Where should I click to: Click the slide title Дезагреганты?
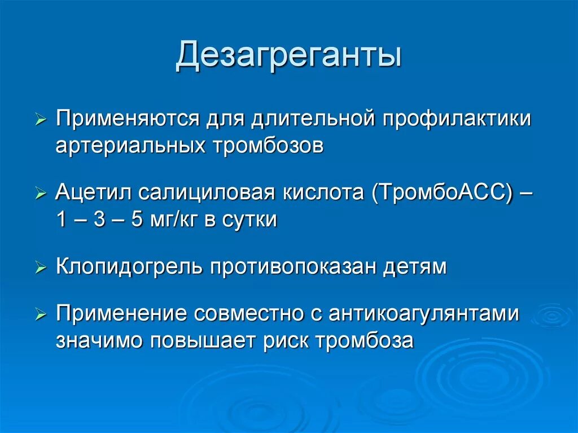[288, 58]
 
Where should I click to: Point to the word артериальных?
[130, 146]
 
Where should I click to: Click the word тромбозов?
[268, 146]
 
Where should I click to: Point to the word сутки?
[252, 220]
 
